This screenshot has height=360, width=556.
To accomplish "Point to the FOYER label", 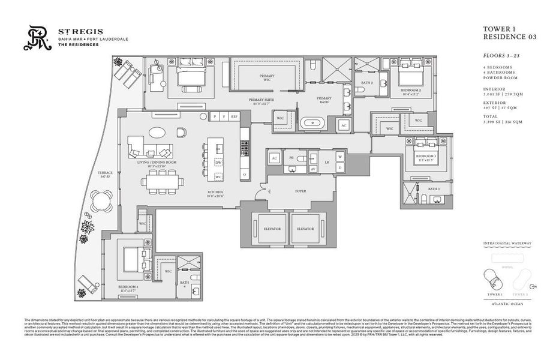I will (x=300, y=191).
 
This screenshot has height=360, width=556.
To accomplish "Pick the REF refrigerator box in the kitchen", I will (x=234, y=116).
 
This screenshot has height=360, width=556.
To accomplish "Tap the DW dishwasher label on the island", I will (x=219, y=163).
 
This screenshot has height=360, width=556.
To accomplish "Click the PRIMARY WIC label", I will (x=267, y=78).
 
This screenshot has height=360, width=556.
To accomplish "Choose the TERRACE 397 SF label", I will (x=105, y=175).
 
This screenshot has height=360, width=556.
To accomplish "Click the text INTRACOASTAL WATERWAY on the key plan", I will (x=507, y=244).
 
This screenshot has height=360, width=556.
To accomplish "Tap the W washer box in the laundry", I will (x=339, y=157).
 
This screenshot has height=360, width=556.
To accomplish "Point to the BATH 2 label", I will (x=367, y=83).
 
